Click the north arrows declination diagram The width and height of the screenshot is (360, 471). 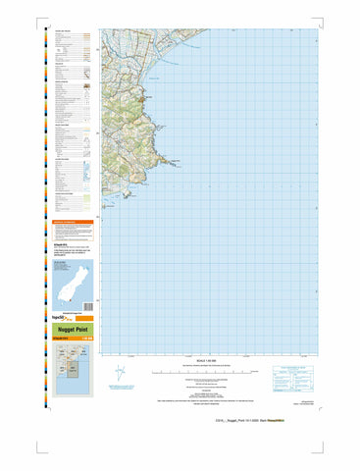point(120,375)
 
